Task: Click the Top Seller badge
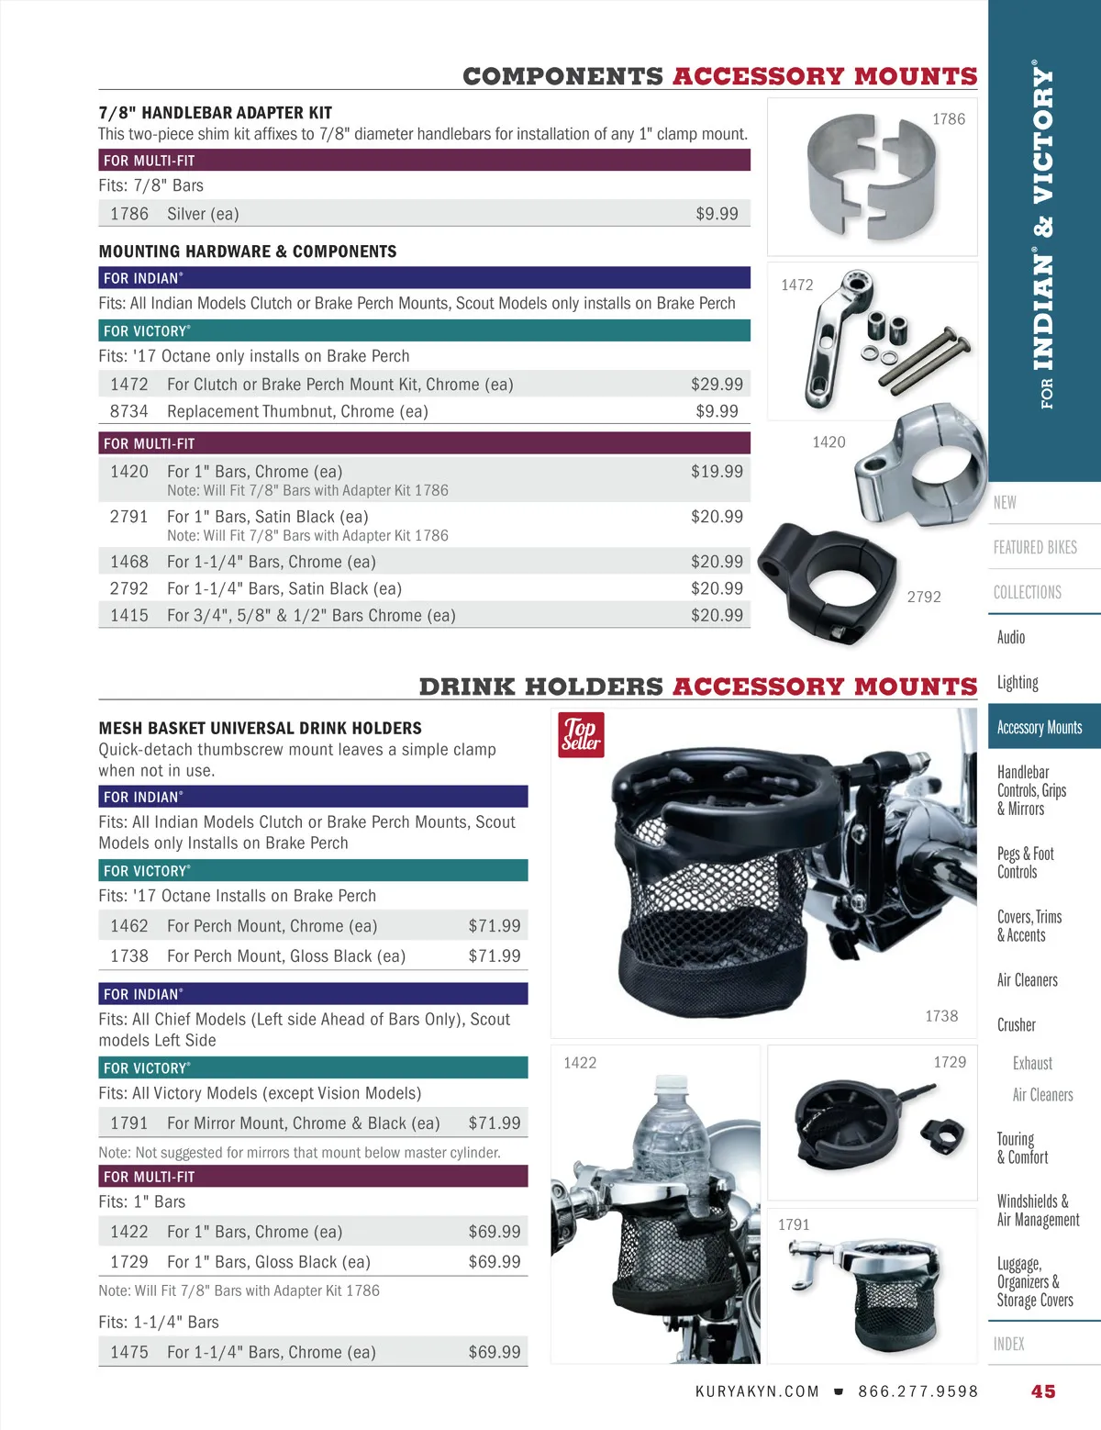point(581,734)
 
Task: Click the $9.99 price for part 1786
point(717,214)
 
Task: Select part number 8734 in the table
point(128,411)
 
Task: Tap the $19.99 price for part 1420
point(717,471)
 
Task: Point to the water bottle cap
point(672,1085)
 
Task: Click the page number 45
point(1043,1391)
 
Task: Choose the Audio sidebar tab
point(1011,637)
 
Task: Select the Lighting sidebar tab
point(1018,682)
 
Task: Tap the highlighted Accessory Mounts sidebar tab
point(1040,727)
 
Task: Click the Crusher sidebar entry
point(1016,1024)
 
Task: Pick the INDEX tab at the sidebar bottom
point(1008,1344)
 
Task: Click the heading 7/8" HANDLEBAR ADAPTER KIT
point(216,113)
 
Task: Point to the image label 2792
point(924,597)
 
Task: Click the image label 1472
point(796,285)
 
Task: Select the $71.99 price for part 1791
point(494,1123)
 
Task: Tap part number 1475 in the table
point(128,1352)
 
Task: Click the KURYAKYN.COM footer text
point(757,1391)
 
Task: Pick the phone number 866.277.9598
point(917,1391)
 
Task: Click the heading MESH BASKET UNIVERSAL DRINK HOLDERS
point(261,728)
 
